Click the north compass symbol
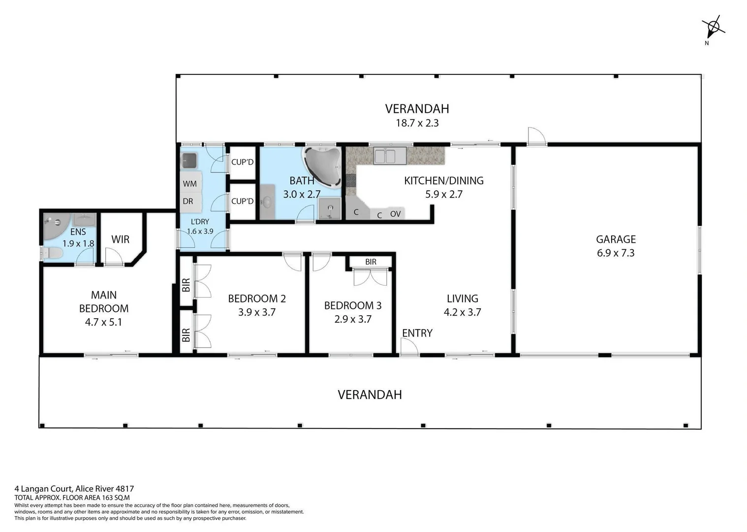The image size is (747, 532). pyautogui.click(x=713, y=27)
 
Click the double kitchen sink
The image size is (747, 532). pyautogui.click(x=390, y=156)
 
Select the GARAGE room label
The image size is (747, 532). pyautogui.click(x=616, y=239)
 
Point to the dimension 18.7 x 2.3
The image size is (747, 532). pyautogui.click(x=417, y=123)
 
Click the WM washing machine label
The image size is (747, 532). pyautogui.click(x=189, y=184)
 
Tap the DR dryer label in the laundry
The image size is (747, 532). pyautogui.click(x=188, y=201)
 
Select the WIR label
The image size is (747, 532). pyautogui.click(x=120, y=239)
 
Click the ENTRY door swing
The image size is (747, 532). pyautogui.click(x=408, y=347)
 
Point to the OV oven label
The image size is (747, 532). pyautogui.click(x=395, y=214)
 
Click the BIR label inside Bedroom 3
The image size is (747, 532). pyautogui.click(x=371, y=262)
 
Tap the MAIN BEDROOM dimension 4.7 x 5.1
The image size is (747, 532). pyautogui.click(x=103, y=322)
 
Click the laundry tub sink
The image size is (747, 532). pyautogui.click(x=189, y=160)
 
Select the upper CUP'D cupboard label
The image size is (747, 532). pyautogui.click(x=242, y=162)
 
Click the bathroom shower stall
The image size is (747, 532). pyautogui.click(x=329, y=209)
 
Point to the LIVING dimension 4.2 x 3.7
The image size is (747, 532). pyautogui.click(x=462, y=312)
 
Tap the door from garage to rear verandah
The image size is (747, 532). pyautogui.click(x=536, y=136)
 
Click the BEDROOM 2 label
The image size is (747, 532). pyautogui.click(x=256, y=299)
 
